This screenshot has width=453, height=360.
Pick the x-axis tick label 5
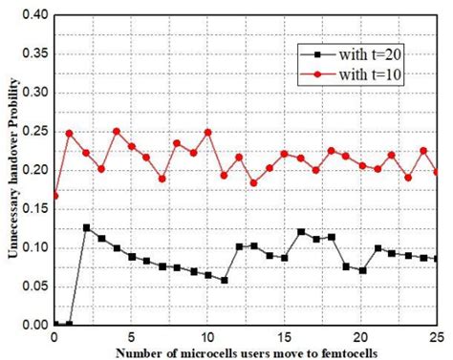(x=131, y=338)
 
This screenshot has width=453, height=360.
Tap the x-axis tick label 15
(x=285, y=338)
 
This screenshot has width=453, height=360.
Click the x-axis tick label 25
(x=437, y=338)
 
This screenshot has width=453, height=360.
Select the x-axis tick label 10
(x=207, y=338)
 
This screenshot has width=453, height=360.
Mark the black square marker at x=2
(x=86, y=227)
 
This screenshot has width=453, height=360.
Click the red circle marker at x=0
(x=54, y=196)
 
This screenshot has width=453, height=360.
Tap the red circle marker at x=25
(x=438, y=172)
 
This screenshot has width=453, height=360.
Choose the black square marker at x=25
(x=438, y=259)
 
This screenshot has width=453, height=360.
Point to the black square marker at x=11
(x=224, y=280)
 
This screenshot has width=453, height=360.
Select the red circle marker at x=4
(x=117, y=132)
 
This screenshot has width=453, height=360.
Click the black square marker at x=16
(x=300, y=232)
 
